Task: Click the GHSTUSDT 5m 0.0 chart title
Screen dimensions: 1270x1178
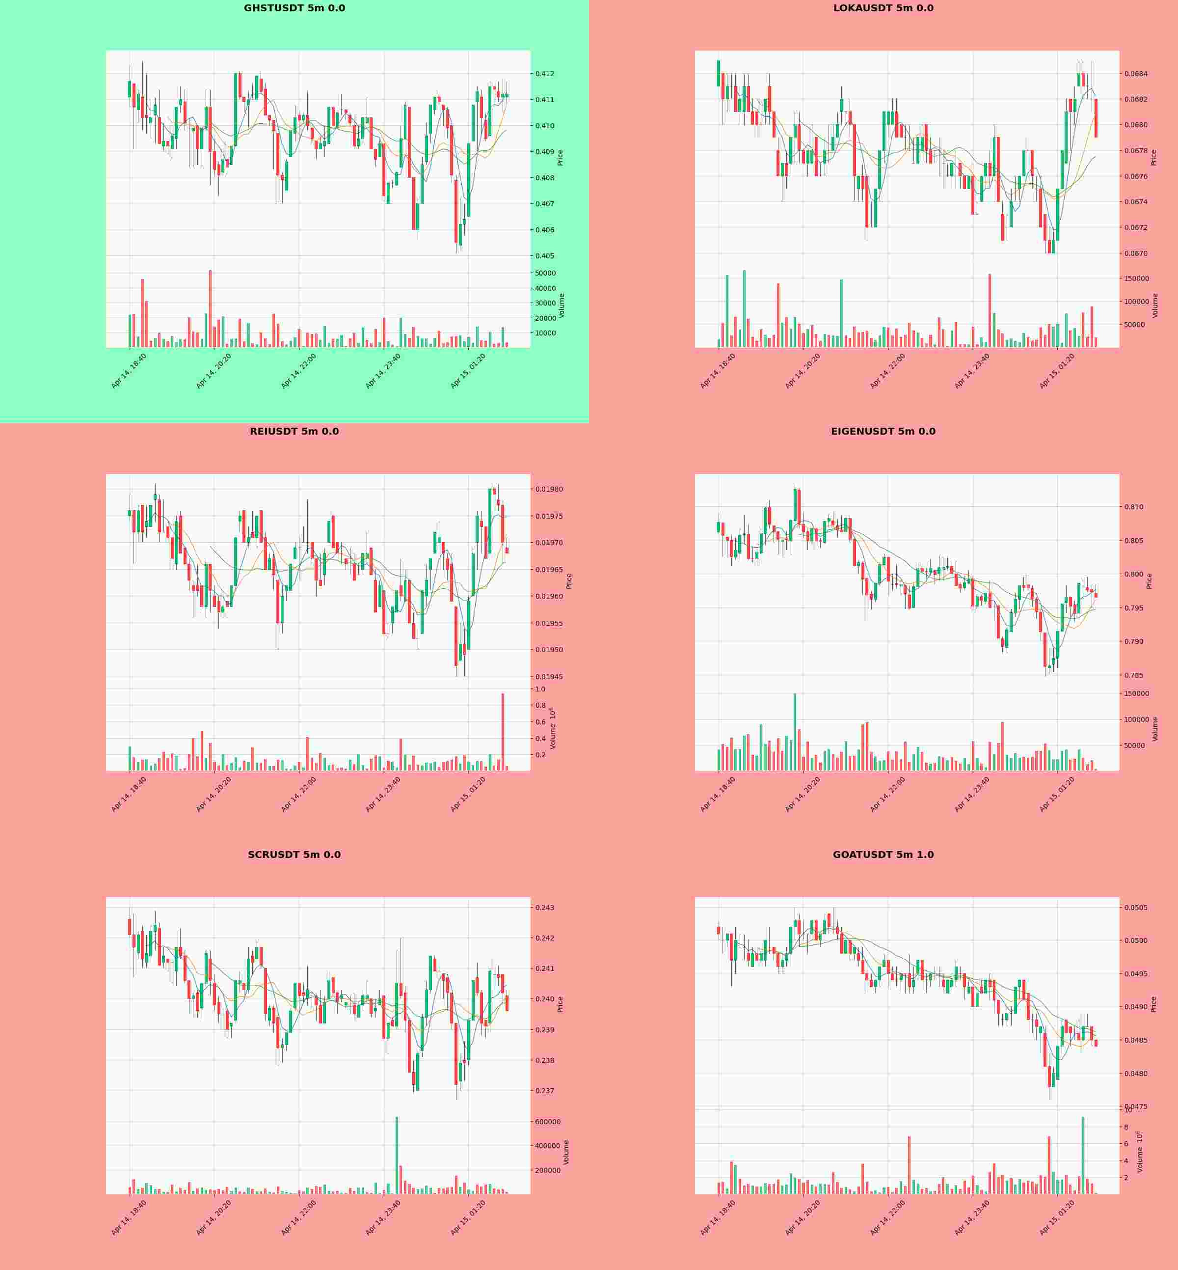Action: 294,8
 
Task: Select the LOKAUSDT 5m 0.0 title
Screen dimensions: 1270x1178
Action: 883,8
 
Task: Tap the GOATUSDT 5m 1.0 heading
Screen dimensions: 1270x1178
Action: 883,855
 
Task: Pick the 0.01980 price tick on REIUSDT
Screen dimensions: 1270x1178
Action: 548,489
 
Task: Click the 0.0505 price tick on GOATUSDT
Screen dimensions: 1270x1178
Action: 1135,908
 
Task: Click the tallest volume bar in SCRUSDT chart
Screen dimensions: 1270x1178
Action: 397,1155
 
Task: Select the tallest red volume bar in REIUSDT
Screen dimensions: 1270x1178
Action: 502,732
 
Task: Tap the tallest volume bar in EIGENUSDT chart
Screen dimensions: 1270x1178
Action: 795,732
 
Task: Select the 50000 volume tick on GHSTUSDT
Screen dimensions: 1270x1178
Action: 545,273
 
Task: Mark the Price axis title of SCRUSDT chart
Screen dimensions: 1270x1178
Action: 561,1004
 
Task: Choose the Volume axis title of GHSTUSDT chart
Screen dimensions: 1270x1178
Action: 562,305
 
